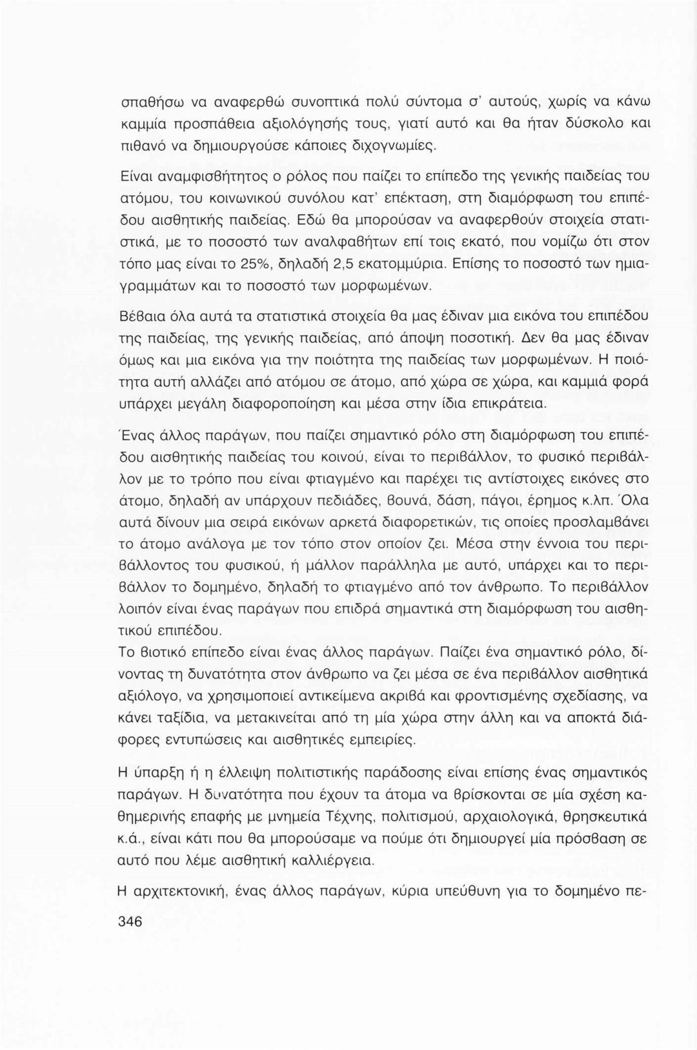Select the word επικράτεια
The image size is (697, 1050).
click(512, 406)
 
